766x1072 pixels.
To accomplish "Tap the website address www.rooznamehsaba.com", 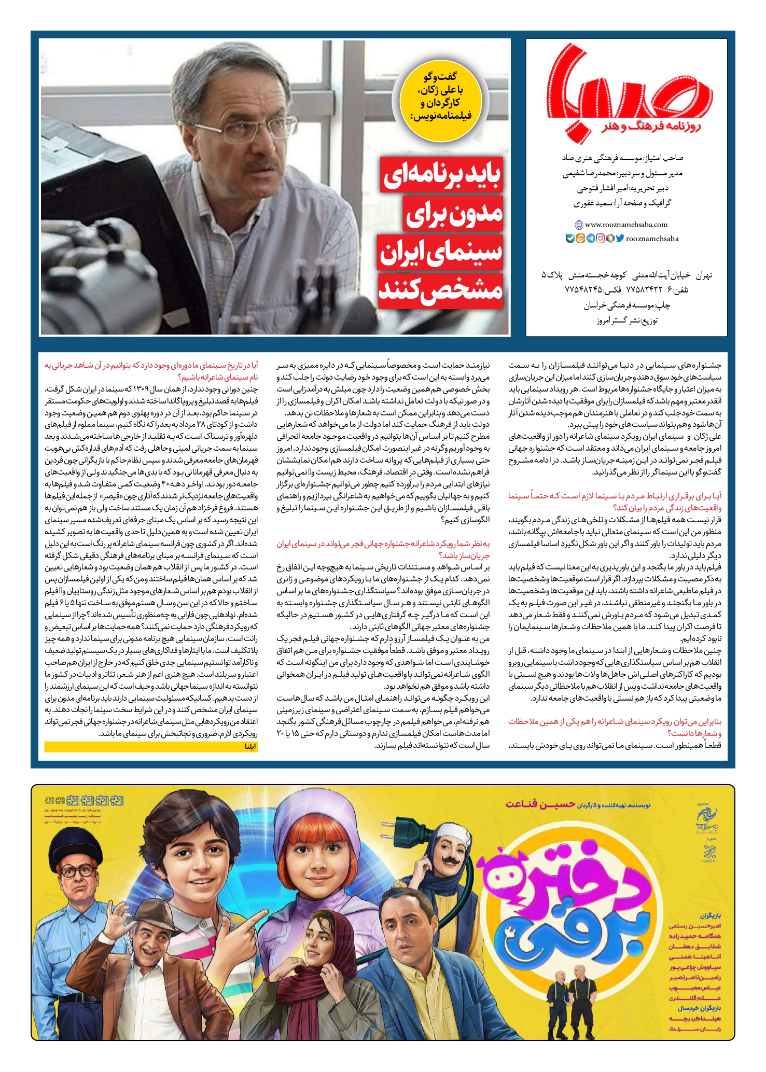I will [626, 225].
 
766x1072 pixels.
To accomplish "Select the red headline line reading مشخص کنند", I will [441, 291].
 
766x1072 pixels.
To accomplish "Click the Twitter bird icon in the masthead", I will [619, 239].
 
